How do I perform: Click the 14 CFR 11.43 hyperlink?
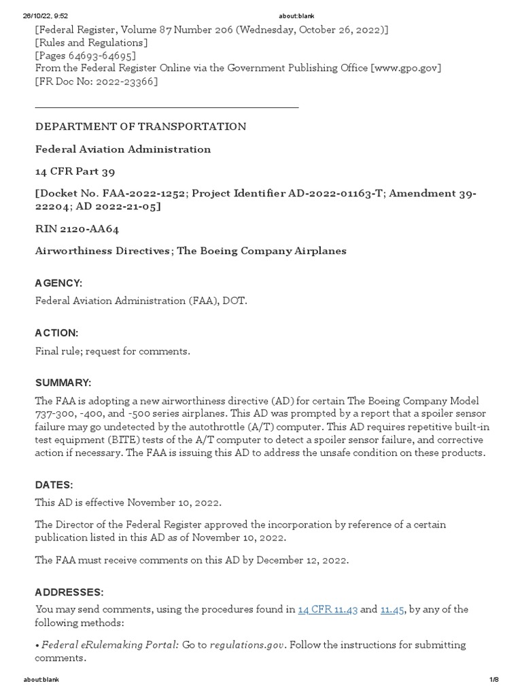pos(328,609)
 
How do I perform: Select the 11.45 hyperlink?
pos(392,609)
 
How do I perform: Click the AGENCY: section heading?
pos(58,282)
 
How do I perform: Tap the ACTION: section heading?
pos(56,332)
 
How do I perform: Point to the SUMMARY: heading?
pos(63,383)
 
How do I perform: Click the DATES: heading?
pos(54,485)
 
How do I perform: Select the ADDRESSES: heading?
pos(69,592)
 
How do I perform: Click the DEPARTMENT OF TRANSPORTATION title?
pos(141,126)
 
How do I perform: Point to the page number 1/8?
pos(493,680)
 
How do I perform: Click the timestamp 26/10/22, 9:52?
pos(45,16)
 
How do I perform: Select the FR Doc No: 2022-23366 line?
pos(97,82)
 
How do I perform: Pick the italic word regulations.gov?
pos(248,644)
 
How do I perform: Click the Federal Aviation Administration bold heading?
pos(123,149)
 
